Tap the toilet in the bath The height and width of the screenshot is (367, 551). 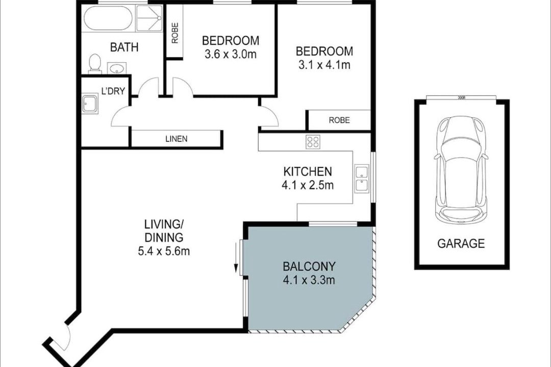point(94,63)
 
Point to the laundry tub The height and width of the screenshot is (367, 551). point(91,104)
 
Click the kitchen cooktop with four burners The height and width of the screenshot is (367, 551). point(313,142)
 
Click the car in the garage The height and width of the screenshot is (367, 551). point(461,169)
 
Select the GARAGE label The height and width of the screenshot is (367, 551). point(461,243)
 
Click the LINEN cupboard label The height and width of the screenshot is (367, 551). point(177,139)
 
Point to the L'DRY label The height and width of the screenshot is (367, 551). point(113,91)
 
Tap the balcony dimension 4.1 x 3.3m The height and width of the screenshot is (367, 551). point(309,280)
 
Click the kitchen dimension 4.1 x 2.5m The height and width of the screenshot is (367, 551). point(308,185)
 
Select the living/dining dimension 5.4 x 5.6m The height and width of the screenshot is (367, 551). point(164,251)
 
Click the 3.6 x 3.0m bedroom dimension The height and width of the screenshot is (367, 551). point(230,55)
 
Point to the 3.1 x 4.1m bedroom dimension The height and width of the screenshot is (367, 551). point(324,65)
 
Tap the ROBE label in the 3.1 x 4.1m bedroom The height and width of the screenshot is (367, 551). point(339,120)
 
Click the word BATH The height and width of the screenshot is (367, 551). point(124,47)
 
